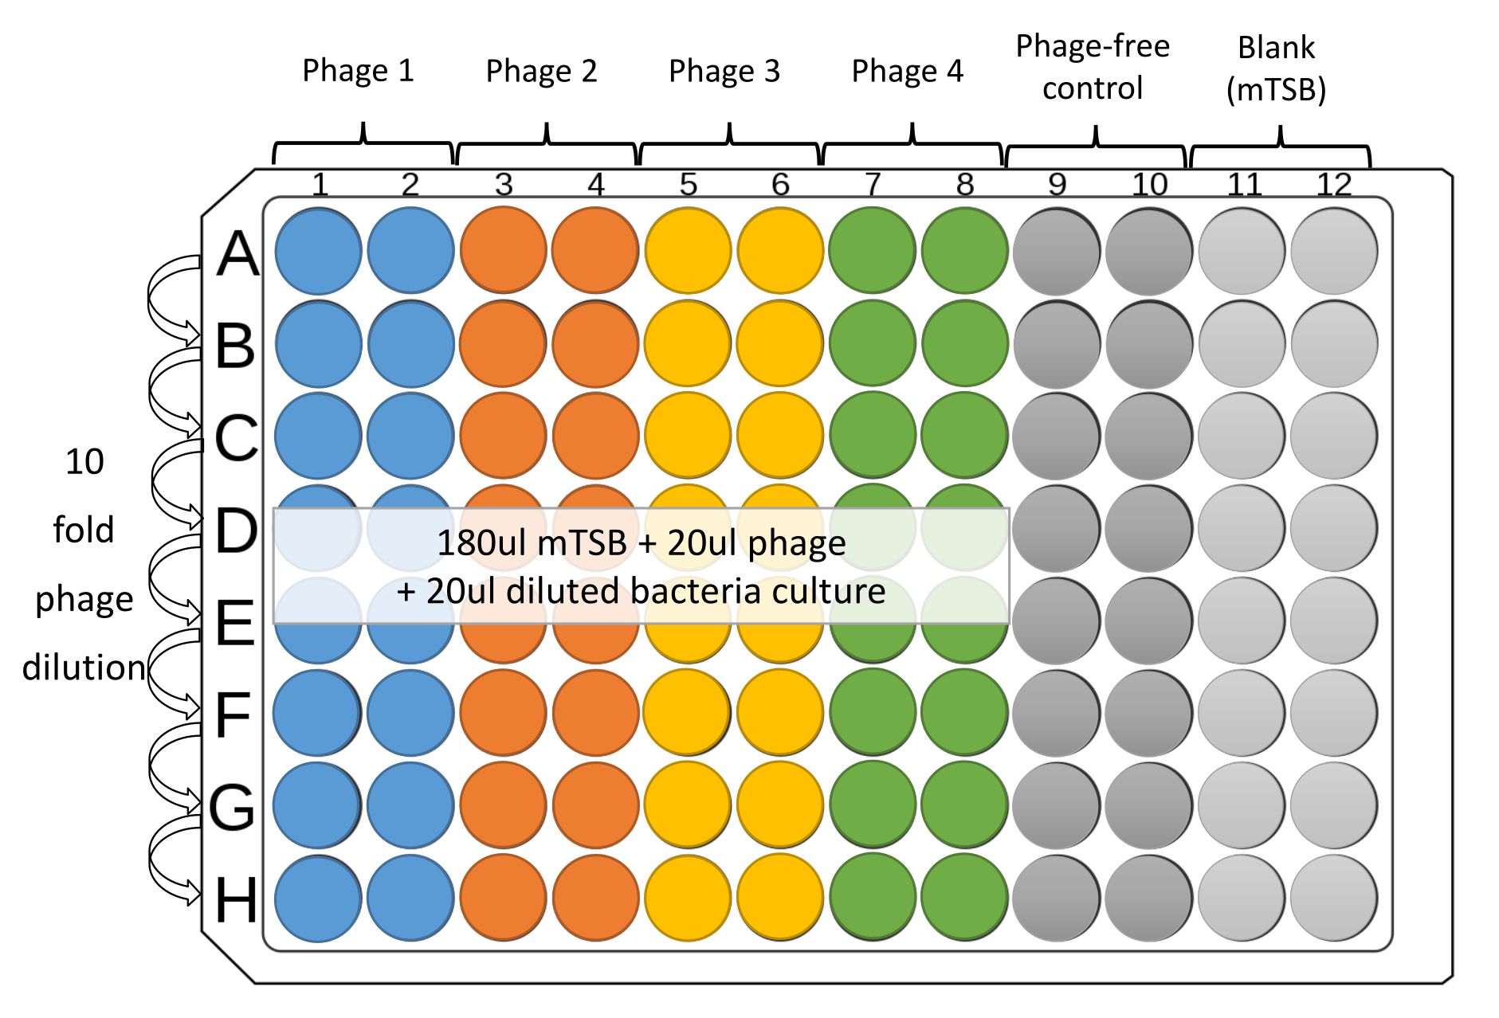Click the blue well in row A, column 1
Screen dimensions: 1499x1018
tap(318, 251)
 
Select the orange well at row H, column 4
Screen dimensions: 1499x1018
tap(595, 898)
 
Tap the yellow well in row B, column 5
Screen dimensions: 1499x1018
tap(688, 343)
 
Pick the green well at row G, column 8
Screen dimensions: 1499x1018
tap(964, 805)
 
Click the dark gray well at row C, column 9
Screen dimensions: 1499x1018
tap(1057, 436)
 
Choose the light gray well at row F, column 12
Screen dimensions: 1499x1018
tap(1334, 713)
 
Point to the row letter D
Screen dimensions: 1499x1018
tap(237, 531)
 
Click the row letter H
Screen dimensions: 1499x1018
tap(236, 900)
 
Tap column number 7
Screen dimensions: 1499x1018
tap(873, 185)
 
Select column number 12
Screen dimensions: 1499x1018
tap(1334, 185)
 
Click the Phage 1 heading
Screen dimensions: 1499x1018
tap(358, 70)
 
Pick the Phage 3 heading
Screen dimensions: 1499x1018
tap(724, 71)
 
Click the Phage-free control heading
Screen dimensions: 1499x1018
tap(1093, 67)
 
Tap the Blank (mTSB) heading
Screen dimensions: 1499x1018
tap(1276, 69)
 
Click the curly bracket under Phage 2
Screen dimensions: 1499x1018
tap(547, 144)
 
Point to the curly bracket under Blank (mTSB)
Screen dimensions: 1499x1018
tap(1280, 147)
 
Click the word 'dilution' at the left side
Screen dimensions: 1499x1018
tap(84, 668)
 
